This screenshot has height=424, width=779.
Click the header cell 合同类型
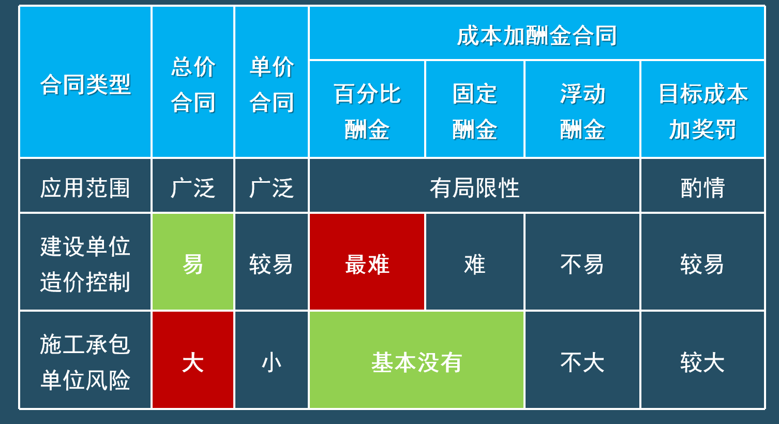(x=85, y=82)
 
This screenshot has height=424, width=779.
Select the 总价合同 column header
(x=193, y=82)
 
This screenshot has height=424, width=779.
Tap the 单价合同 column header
(x=272, y=82)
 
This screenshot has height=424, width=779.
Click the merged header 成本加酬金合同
(x=536, y=34)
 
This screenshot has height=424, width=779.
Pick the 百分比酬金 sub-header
(x=367, y=109)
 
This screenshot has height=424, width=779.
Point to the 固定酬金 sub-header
(x=475, y=109)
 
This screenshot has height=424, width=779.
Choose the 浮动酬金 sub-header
(x=582, y=109)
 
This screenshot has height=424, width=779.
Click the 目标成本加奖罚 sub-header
(x=702, y=109)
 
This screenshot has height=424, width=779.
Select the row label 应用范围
(x=85, y=185)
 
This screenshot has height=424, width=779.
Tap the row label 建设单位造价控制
(x=85, y=261)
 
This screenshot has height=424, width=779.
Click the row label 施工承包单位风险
(x=85, y=360)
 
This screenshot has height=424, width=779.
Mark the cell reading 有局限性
(x=474, y=185)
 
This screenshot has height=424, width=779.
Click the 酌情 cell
(x=702, y=185)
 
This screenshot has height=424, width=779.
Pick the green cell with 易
(x=193, y=261)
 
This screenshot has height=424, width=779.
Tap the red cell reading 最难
(x=367, y=261)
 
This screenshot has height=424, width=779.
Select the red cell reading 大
(x=193, y=360)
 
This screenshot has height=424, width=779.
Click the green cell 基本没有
(x=416, y=360)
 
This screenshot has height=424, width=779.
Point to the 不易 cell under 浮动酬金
(x=582, y=261)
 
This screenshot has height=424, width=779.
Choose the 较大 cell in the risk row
(x=702, y=360)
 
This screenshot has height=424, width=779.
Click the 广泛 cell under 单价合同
(x=272, y=185)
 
